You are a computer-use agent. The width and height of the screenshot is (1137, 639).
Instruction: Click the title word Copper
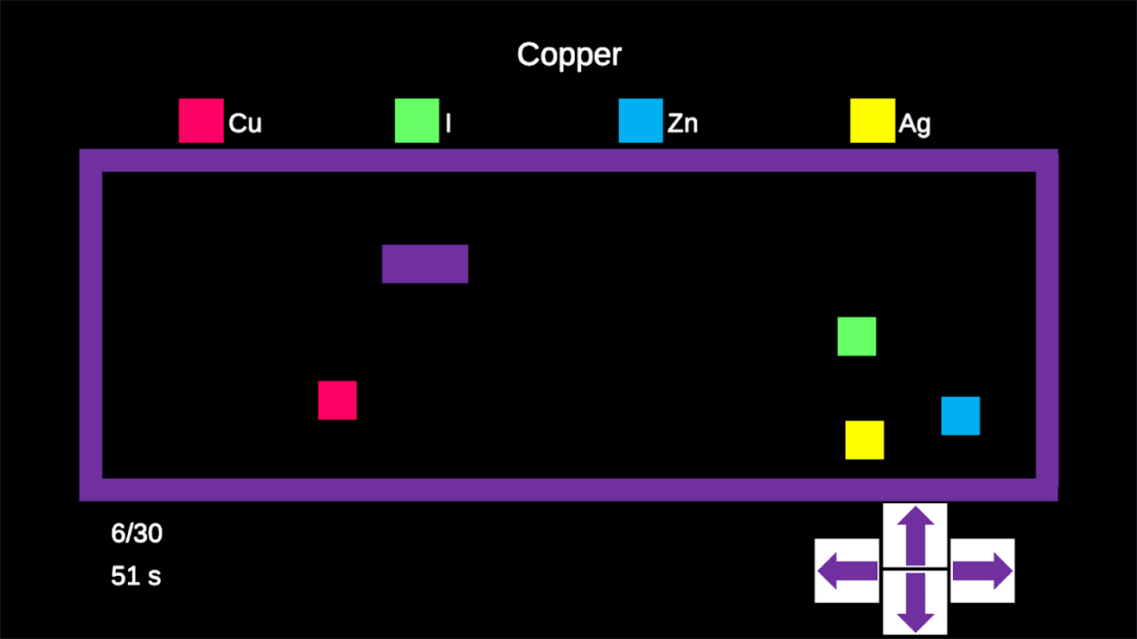coord(568,55)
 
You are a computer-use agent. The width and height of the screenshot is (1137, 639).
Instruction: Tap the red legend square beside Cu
coord(201,121)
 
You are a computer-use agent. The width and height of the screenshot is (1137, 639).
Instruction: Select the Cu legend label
coord(245,124)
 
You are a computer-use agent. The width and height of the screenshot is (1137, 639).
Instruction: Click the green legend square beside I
coord(417,121)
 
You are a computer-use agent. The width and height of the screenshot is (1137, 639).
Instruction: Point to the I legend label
coord(448,124)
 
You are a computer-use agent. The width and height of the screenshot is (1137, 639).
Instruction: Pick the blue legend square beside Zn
coord(640,121)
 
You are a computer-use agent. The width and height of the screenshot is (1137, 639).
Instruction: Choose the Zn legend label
coord(682,124)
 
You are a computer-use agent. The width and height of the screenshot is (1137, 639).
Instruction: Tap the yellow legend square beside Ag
coord(872,121)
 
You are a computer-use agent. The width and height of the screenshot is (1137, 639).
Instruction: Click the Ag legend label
coord(914,124)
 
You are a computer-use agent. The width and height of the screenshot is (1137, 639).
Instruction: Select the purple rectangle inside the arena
coord(425,264)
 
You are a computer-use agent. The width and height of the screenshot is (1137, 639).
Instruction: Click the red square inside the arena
coord(337,400)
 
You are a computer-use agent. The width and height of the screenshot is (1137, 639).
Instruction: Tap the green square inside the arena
coord(856,336)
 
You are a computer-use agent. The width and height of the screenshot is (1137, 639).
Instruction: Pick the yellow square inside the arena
coord(864,440)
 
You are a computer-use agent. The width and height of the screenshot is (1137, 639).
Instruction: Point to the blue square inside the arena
coord(960,416)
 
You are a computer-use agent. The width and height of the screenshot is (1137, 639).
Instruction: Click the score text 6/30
coord(137,534)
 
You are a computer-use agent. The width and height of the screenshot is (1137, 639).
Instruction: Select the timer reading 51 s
coord(136,576)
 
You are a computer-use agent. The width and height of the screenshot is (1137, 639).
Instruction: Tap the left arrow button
coord(847,570)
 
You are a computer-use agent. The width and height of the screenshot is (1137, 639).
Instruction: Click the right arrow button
coord(983,570)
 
